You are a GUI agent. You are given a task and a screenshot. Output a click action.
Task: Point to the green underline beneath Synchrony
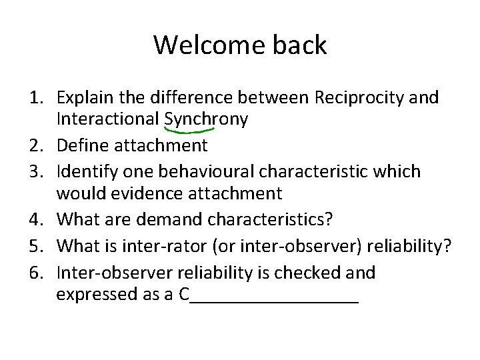pyautogui.click(x=194, y=131)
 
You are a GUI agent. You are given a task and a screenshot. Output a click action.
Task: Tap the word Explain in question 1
pyautogui.click(x=83, y=98)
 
